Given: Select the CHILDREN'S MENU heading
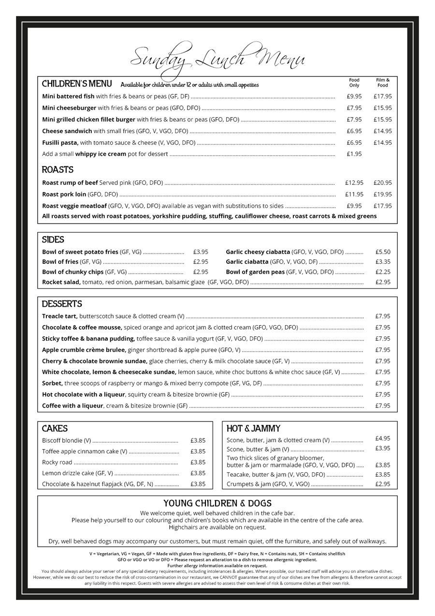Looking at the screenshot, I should pyautogui.click(x=77, y=84).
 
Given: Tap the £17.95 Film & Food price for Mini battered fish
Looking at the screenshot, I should pyautogui.click(x=382, y=96).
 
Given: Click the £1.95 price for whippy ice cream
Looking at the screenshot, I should pyautogui.click(x=354, y=154).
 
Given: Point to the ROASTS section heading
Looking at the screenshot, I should pyautogui.click(x=58, y=170).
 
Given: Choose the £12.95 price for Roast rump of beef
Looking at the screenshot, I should pyautogui.click(x=354, y=183).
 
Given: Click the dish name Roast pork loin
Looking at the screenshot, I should pyautogui.click(x=64, y=195).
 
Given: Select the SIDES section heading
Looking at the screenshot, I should pyautogui.click(x=53, y=240).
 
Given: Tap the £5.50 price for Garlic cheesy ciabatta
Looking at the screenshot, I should pyautogui.click(x=382, y=252).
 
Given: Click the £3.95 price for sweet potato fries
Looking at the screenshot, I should pyautogui.click(x=201, y=252).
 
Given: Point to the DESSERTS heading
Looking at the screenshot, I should pyautogui.click(x=62, y=304).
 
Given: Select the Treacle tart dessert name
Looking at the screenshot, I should pyautogui.click(x=59, y=316).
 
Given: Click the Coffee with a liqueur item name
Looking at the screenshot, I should pyautogui.click(x=72, y=406).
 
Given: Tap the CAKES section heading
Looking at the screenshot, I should pyautogui.click(x=55, y=428).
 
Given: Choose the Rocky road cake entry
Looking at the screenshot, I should pyautogui.click(x=57, y=462).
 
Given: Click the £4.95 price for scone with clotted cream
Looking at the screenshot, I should pyautogui.click(x=382, y=438).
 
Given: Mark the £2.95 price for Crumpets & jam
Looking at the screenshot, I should pyautogui.click(x=382, y=484).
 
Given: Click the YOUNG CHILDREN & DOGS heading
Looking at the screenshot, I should pyautogui.click(x=217, y=503).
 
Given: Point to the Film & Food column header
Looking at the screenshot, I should pyautogui.click(x=382, y=83).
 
